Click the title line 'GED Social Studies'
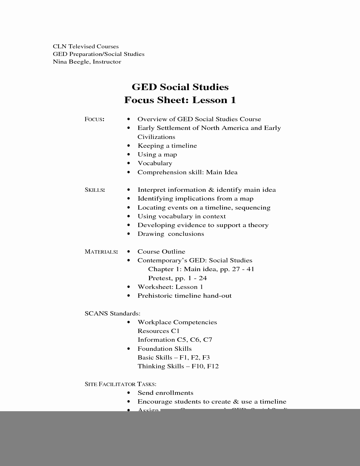coord(180,87)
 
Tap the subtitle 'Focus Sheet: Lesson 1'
coord(180,100)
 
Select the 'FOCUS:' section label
coord(94,119)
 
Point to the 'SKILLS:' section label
coord(95,190)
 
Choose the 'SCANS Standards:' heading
coord(112,313)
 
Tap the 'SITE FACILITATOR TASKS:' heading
coord(120,384)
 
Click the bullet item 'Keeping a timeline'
coord(167,146)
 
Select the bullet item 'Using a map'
coord(157,154)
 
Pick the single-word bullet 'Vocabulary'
coord(155,163)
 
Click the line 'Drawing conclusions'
coord(171,234)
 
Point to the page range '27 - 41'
coord(243,269)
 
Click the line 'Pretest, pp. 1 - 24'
coord(177,278)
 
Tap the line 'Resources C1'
coord(158,331)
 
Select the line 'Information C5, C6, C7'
coord(175,340)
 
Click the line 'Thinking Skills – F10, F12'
coord(178,366)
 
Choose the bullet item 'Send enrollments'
coord(165,393)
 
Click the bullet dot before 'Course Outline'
coord(129,252)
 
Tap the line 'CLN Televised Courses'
coord(86,46)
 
